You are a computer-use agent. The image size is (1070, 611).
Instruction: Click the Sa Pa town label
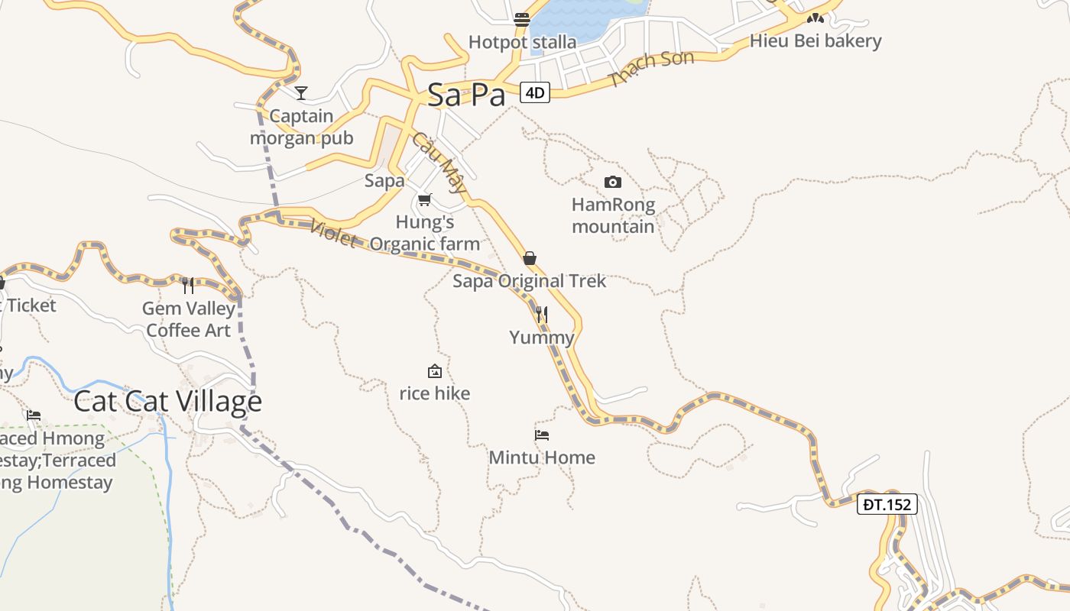tap(466, 95)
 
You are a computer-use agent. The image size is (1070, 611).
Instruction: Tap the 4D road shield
tap(534, 92)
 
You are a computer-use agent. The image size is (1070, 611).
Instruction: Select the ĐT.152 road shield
tap(887, 504)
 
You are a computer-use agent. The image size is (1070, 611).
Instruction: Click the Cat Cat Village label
tap(167, 402)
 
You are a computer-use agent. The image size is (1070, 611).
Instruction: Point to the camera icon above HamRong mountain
tap(612, 182)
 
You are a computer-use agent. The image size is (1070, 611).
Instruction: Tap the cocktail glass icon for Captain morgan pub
tap(301, 92)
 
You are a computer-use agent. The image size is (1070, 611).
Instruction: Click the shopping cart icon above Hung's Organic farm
tap(425, 199)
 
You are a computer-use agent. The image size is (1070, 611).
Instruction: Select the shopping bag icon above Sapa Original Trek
tap(530, 258)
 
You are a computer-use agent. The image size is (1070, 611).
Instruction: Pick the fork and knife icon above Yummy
tap(542, 314)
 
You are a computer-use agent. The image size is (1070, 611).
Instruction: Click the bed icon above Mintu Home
tap(542, 435)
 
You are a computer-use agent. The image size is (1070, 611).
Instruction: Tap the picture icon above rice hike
tap(435, 371)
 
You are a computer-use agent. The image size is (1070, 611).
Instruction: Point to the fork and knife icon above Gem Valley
tap(188, 285)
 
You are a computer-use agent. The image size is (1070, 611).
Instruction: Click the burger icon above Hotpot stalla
tap(522, 19)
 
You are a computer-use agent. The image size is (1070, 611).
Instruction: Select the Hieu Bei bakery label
tap(815, 41)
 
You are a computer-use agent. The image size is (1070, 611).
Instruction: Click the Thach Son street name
tap(651, 67)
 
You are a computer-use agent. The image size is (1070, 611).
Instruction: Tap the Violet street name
tap(334, 233)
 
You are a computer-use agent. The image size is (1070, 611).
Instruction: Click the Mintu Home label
tap(542, 457)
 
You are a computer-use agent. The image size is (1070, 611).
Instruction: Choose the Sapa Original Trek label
tap(530, 281)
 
